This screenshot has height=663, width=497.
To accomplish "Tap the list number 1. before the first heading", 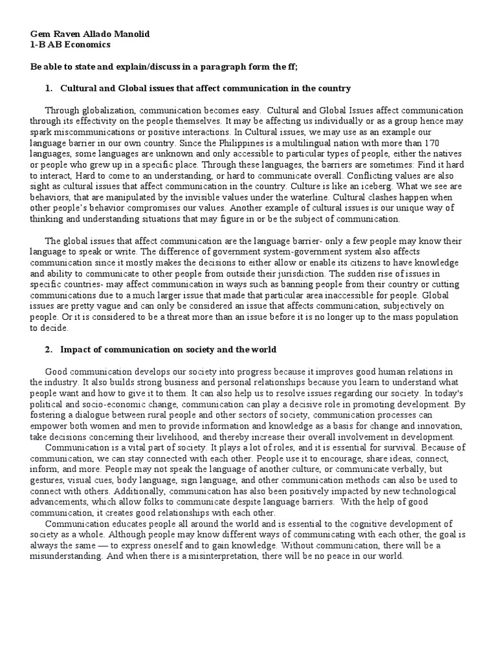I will (x=49, y=88).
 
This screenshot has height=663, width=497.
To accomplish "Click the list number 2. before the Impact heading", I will (x=49, y=350).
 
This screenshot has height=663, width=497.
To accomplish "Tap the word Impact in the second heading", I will (x=76, y=350).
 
